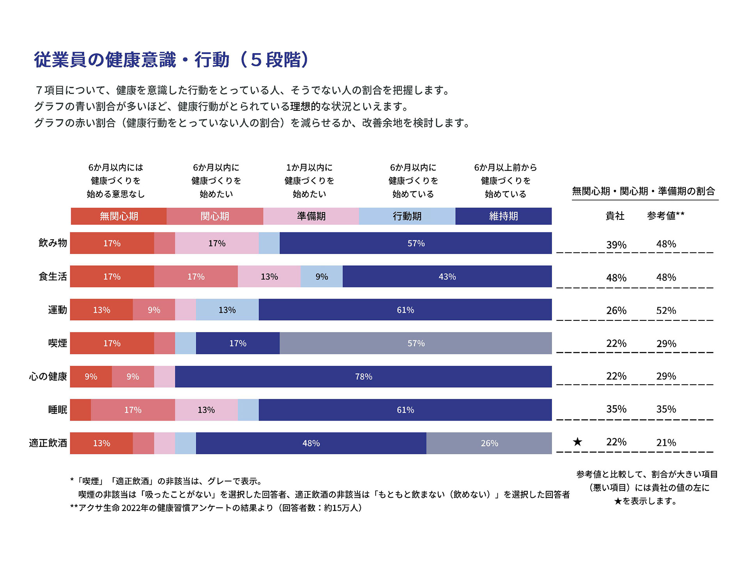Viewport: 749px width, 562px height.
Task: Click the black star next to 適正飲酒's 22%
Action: tap(577, 442)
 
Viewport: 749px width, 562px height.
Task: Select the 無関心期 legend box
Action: tap(119, 216)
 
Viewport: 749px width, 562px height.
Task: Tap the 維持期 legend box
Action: tap(503, 216)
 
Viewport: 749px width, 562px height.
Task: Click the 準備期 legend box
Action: tap(311, 216)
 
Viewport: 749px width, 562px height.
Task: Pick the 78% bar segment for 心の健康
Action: tap(363, 377)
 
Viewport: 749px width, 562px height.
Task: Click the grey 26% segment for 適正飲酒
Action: tap(489, 443)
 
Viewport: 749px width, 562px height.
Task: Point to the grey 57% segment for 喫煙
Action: tap(415, 343)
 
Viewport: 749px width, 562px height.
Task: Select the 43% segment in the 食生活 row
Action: tap(447, 277)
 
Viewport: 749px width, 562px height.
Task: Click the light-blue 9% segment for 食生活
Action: tap(321, 277)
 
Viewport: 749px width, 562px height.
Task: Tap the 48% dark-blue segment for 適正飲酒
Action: tap(311, 443)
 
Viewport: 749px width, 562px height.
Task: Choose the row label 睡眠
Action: tap(57, 410)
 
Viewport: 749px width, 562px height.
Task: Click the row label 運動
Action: tap(57, 310)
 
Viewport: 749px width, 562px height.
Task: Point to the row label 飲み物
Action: tap(53, 243)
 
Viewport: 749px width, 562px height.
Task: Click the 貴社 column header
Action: tap(615, 216)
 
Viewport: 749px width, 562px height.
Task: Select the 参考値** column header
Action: tap(666, 216)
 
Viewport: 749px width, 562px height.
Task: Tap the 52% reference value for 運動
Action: tap(666, 311)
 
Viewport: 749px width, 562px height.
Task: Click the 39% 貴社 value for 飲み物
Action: tap(616, 245)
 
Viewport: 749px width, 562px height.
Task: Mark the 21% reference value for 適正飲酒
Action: tap(666, 443)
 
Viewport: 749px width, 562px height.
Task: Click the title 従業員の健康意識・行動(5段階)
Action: tap(172, 60)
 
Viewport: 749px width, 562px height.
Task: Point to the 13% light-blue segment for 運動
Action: tap(227, 310)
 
